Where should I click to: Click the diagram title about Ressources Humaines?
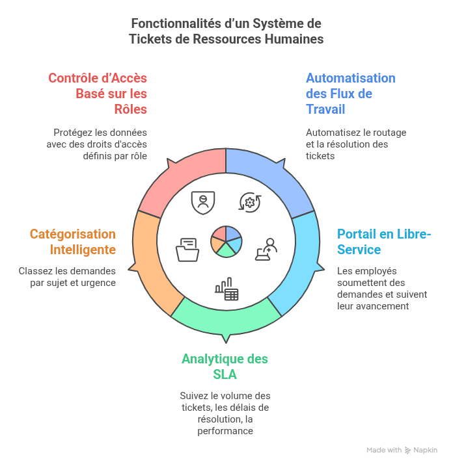(x=226, y=31)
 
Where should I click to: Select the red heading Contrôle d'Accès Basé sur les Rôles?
(x=98, y=94)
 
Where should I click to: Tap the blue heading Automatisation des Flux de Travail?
(x=350, y=94)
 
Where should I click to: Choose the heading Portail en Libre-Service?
(x=384, y=242)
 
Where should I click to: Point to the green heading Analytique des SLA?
(x=225, y=367)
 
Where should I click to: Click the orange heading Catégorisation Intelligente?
(x=72, y=242)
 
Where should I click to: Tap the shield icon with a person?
(x=204, y=201)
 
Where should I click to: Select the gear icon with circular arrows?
(x=249, y=201)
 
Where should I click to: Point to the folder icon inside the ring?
(x=187, y=250)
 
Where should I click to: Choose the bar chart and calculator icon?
(x=226, y=290)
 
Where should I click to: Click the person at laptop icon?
(x=266, y=249)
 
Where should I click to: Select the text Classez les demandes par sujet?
(x=67, y=277)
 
